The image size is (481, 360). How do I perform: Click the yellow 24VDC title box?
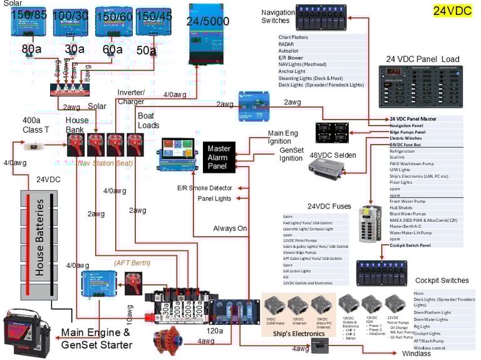click(452, 11)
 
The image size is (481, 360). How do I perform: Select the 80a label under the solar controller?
click(31, 49)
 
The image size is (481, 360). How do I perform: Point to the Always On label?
click(230, 229)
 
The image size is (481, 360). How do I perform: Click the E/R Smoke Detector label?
click(205, 188)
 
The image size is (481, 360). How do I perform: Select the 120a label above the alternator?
click(215, 330)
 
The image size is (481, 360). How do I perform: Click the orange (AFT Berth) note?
click(132, 263)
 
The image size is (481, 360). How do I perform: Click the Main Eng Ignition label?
click(284, 137)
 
